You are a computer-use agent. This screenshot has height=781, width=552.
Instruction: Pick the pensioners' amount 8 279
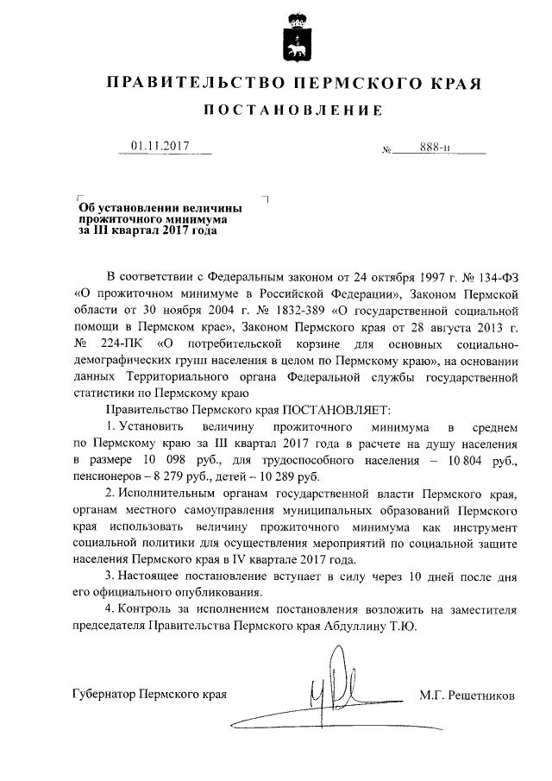pos(162,476)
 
